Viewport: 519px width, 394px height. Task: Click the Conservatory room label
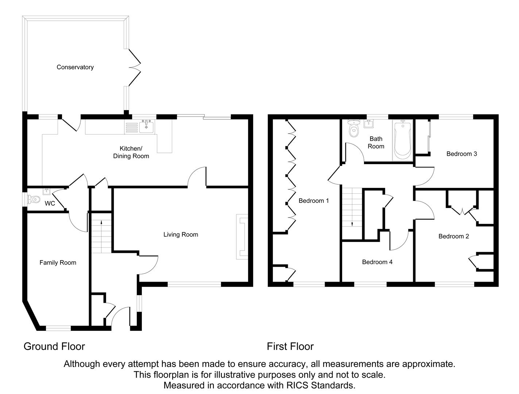pyautogui.click(x=75, y=67)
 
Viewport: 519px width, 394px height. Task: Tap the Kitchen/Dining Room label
pyautogui.click(x=131, y=152)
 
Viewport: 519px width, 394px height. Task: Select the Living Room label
pyautogui.click(x=181, y=235)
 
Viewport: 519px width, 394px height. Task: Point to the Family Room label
pyautogui.click(x=58, y=263)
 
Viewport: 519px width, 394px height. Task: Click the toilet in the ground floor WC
pyautogui.click(x=34, y=199)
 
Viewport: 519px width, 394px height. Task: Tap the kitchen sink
pyautogui.click(x=147, y=127)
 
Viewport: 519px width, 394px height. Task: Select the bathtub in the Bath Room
pyautogui.click(x=402, y=140)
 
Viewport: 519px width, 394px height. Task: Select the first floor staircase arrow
pyautogui.click(x=352, y=224)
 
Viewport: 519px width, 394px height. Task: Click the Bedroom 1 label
pyautogui.click(x=314, y=201)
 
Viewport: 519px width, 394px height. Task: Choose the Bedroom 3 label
pyautogui.click(x=461, y=154)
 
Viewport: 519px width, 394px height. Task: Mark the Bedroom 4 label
pyautogui.click(x=377, y=262)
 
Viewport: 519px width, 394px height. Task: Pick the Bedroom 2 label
pyautogui.click(x=453, y=236)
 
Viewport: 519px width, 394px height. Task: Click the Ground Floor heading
pyautogui.click(x=54, y=346)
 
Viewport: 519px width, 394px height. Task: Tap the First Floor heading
pyautogui.click(x=290, y=346)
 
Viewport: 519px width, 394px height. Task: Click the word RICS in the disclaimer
pyautogui.click(x=298, y=385)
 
